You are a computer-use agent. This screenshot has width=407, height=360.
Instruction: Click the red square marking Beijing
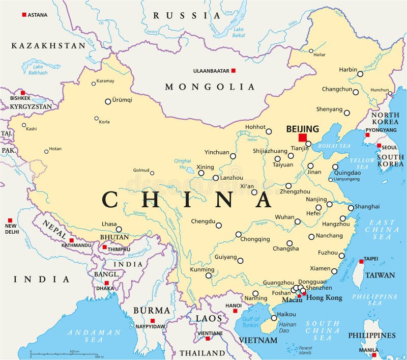pos(303,137)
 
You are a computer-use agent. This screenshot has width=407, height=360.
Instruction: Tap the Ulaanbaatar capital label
pos(211,71)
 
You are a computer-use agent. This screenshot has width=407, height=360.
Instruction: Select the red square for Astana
pos(24,15)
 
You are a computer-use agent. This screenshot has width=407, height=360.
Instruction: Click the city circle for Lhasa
pos(119,229)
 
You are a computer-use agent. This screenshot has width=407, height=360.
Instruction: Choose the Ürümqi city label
pos(122,100)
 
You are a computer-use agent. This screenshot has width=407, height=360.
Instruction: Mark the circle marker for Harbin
pos(360,74)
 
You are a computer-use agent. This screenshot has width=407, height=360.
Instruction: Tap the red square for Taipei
pos(361,261)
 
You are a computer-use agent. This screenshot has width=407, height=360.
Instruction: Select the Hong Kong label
pos(324,298)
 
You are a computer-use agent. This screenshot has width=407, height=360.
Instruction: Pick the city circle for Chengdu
pos(219,225)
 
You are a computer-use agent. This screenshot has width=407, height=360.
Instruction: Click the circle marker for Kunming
pos(209,275)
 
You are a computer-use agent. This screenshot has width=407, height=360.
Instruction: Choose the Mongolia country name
pos(209,87)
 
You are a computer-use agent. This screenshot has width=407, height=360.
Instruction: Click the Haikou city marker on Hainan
pos(274,318)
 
